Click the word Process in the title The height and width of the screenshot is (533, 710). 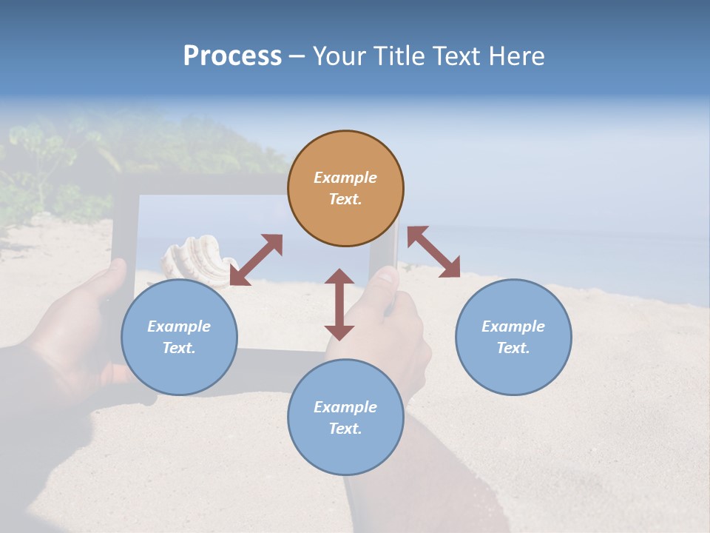click(232, 56)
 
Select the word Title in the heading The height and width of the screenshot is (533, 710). click(399, 56)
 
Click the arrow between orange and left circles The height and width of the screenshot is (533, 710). click(257, 260)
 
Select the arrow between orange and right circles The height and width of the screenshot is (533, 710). click(433, 252)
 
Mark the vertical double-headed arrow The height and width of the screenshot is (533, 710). click(339, 304)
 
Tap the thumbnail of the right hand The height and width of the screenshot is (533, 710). click(385, 277)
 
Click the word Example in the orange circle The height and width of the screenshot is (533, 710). click(345, 178)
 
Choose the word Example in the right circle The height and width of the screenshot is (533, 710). click(513, 326)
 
